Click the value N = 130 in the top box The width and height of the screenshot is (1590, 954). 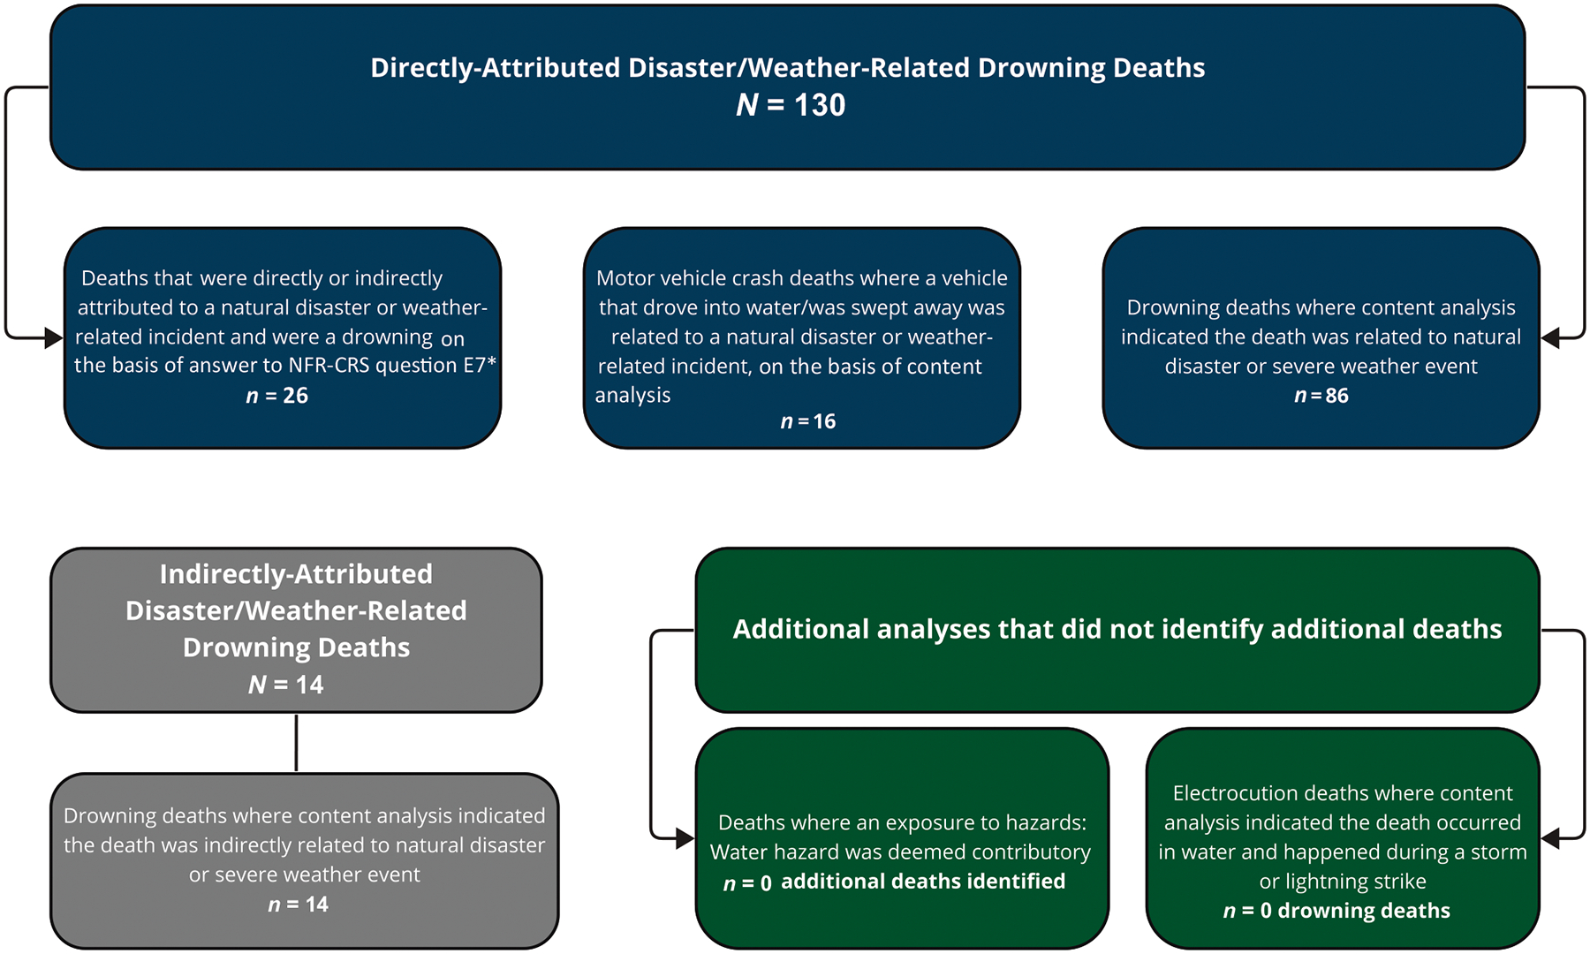click(791, 105)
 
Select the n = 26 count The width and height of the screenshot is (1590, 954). click(277, 396)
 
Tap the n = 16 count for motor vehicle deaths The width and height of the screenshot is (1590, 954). click(808, 421)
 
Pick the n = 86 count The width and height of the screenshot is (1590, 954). click(1321, 396)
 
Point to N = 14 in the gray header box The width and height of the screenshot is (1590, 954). click(286, 685)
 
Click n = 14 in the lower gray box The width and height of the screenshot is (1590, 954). click(299, 905)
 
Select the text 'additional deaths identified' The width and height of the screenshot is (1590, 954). click(923, 882)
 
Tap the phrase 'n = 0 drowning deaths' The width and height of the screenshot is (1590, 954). click(1336, 911)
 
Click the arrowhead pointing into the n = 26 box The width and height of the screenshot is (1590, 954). click(54, 337)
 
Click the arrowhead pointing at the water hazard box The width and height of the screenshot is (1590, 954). click(685, 838)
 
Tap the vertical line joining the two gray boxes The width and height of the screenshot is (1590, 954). click(296, 742)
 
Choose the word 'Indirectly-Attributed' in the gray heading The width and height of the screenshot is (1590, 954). click(296, 574)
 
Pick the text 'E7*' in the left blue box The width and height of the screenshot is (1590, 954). click(480, 366)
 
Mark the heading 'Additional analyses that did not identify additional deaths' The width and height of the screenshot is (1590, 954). click(1117, 629)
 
